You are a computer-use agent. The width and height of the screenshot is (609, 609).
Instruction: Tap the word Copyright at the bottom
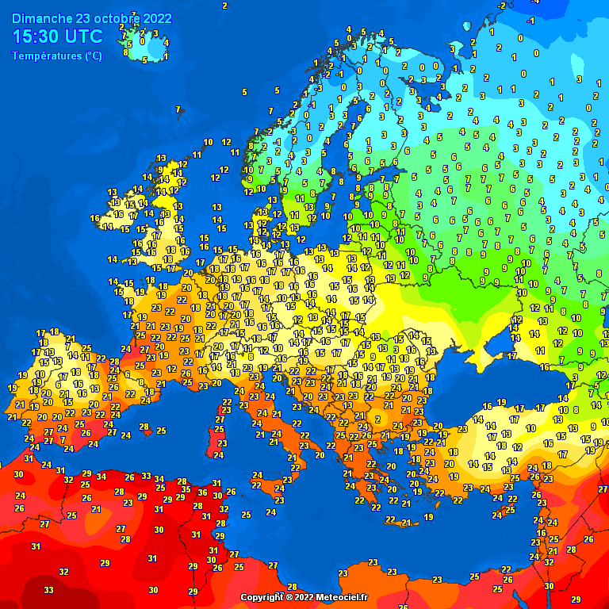[x=262, y=596]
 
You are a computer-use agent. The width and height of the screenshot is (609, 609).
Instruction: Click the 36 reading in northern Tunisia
[x=202, y=492]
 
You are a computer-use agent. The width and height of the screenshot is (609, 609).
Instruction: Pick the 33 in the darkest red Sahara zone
[x=48, y=590]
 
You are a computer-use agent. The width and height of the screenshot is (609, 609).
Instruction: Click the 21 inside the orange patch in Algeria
[x=96, y=509]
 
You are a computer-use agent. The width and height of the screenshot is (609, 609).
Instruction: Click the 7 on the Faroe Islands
[x=178, y=109]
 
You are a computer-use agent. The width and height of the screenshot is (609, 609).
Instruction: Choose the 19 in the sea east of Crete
[x=428, y=517]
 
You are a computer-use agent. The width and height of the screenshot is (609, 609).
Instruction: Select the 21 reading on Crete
[x=405, y=522]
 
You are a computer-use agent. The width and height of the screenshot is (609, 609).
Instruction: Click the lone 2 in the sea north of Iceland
[x=224, y=6]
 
